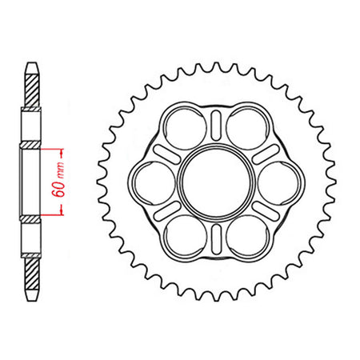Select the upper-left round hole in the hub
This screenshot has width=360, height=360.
click(x=185, y=128)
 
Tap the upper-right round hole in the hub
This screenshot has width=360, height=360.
click(x=248, y=128)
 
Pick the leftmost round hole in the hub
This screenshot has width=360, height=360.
click(x=154, y=182)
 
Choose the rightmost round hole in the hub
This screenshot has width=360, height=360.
click(x=279, y=182)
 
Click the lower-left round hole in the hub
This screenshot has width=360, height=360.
click(x=185, y=237)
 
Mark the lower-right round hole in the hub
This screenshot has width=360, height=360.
click(x=248, y=237)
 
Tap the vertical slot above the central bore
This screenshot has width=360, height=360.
click(x=216, y=126)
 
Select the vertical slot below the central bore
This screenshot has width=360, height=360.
click(x=216, y=239)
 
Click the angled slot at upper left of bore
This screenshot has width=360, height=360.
click(x=167, y=154)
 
